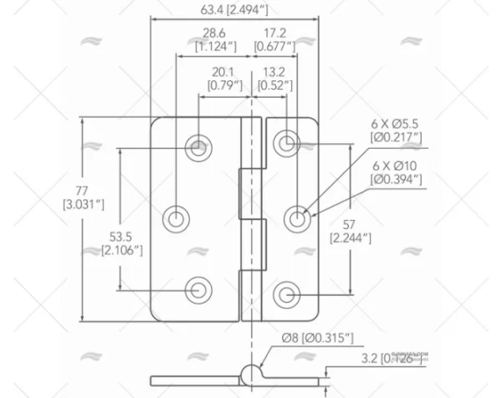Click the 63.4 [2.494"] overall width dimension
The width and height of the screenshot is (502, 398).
233,11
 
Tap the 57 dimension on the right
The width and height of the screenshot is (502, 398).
351,224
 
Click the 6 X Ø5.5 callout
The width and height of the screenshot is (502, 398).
395,123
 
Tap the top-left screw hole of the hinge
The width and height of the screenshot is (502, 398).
198,148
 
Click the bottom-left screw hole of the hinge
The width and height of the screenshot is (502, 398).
198,289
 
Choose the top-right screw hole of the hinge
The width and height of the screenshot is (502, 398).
287,143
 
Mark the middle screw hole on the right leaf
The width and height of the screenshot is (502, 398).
298,219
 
